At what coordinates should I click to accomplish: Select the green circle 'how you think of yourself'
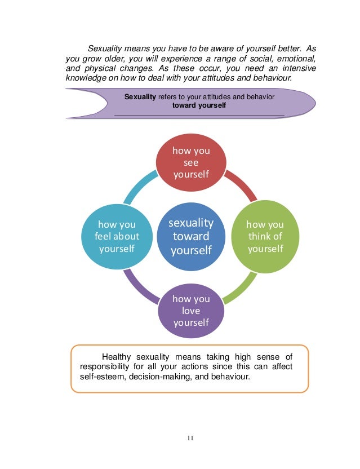tap(265, 237)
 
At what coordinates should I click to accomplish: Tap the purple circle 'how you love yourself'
tap(190, 311)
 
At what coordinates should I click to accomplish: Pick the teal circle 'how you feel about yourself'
tap(117, 237)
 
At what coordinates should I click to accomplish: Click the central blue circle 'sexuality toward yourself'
tap(190, 237)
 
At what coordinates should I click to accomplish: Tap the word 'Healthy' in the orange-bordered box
tap(117, 356)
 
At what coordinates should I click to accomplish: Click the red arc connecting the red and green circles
tap(242, 187)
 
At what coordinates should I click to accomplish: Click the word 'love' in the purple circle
tap(191, 311)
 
